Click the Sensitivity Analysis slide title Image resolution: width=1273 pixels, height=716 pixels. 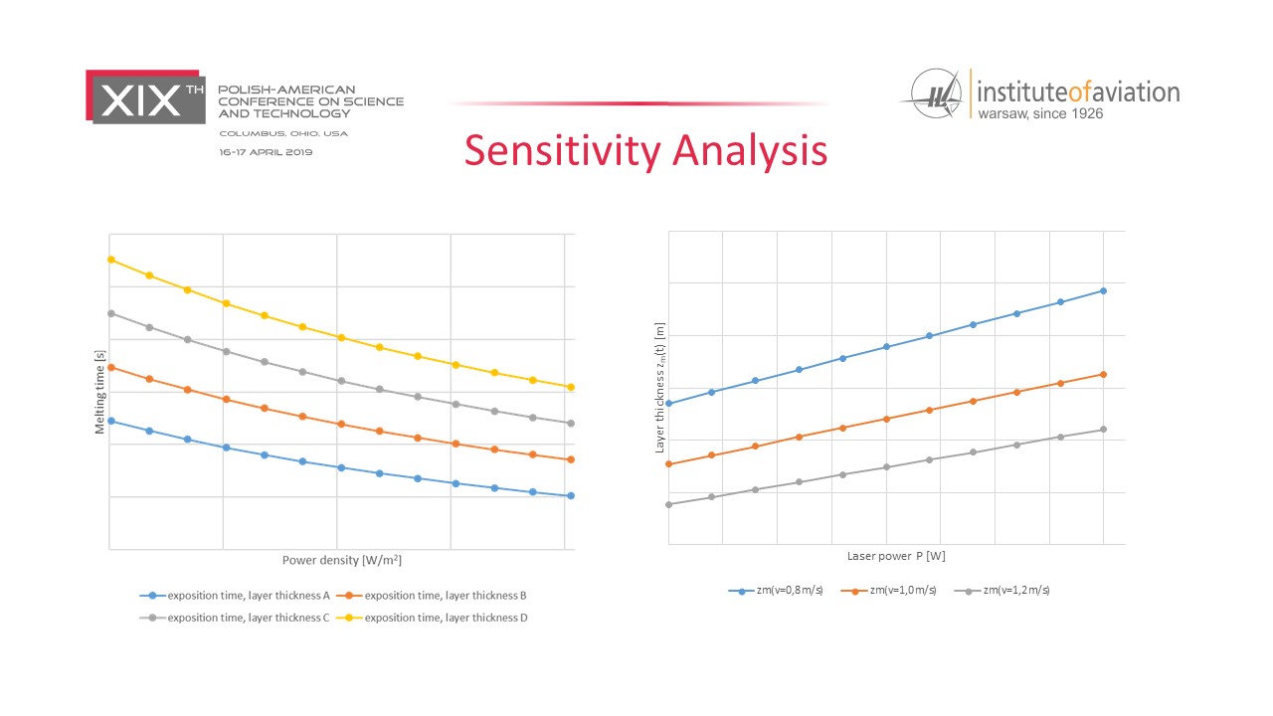[645, 150]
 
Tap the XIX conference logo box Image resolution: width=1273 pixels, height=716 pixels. [146, 97]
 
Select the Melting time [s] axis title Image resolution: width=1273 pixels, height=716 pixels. [100, 392]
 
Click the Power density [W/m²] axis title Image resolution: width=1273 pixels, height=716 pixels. [341, 560]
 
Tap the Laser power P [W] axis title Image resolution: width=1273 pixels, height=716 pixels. [896, 555]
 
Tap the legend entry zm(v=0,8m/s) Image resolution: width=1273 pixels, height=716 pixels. [777, 590]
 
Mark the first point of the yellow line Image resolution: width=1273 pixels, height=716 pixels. [111, 260]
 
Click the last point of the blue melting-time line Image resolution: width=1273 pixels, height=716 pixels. [571, 495]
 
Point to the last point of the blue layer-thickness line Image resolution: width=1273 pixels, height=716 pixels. [1103, 290]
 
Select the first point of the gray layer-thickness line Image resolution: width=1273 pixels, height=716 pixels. [668, 504]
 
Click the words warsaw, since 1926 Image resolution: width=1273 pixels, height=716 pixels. [1039, 113]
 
